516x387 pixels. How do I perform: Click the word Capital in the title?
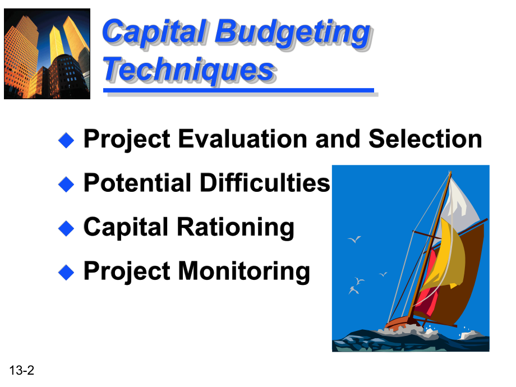[x=155, y=32]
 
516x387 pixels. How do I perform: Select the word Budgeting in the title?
[x=293, y=34]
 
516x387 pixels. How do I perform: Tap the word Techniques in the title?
[x=189, y=70]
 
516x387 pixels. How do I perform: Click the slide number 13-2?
[x=22, y=370]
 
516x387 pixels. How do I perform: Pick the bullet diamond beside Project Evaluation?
[x=66, y=140]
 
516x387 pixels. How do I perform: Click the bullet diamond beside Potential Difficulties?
[x=66, y=185]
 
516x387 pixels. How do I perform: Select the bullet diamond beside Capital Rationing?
[x=66, y=228]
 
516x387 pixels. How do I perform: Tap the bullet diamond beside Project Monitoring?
[x=66, y=273]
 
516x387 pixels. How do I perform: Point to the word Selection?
[x=425, y=139]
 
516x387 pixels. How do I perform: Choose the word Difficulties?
[x=265, y=182]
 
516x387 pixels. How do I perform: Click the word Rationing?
[x=236, y=227]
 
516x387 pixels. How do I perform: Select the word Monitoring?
[x=244, y=271]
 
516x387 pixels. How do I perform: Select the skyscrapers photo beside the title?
[x=47, y=54]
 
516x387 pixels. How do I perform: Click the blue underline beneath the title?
[x=238, y=90]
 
